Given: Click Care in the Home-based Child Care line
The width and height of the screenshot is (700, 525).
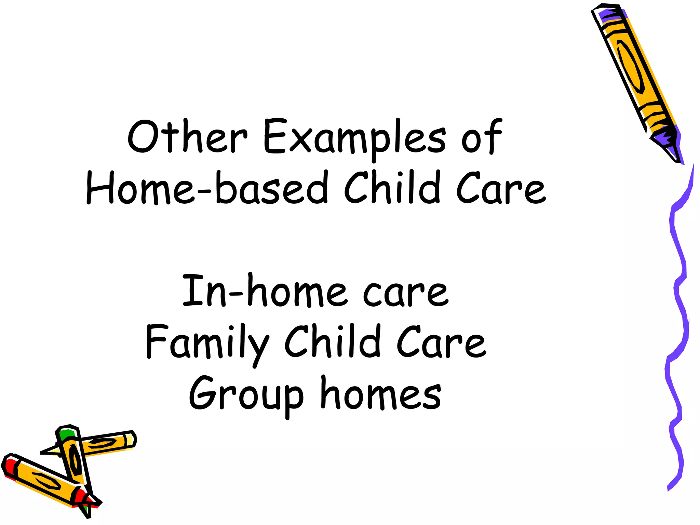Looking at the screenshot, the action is pos(501,188).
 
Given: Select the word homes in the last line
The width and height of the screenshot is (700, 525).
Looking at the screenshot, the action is pos(381,393).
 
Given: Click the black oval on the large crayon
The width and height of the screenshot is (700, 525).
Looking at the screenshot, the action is pos(631,67).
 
